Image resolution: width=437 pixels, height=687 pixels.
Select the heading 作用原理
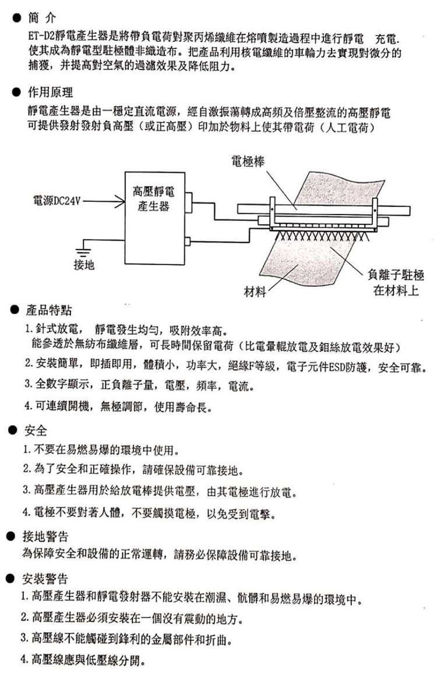click(50, 93)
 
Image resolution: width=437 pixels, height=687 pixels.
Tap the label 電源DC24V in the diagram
click(57, 201)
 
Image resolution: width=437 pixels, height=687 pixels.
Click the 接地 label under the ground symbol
click(84, 265)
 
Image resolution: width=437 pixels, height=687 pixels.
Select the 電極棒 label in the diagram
click(248, 161)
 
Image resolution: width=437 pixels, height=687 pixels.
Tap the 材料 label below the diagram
click(255, 292)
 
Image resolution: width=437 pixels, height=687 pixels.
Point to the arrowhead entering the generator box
click(120, 202)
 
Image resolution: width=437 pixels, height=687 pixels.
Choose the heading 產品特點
click(48, 311)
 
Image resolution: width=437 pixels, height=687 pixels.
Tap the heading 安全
click(35, 431)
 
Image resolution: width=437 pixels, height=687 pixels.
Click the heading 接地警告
click(45, 537)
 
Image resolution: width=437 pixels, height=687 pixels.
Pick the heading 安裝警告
click(45, 579)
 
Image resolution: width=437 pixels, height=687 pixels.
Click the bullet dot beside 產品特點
click(15, 311)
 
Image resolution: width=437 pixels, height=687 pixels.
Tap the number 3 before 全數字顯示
click(27, 385)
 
